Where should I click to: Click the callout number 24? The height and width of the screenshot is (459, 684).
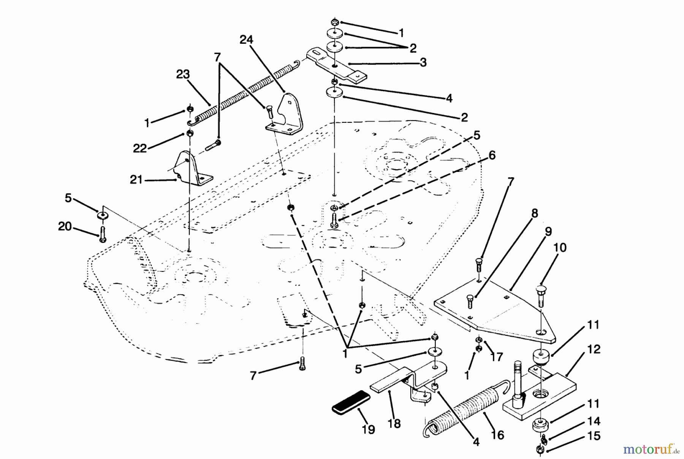tap(246, 40)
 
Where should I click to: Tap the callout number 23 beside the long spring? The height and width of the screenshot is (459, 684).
tap(183, 74)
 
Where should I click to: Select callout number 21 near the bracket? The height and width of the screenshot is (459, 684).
tap(136, 179)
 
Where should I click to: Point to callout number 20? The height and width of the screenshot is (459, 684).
tap(65, 227)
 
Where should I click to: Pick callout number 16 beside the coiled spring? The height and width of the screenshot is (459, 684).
tap(497, 435)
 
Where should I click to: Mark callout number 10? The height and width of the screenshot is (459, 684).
tap(560, 248)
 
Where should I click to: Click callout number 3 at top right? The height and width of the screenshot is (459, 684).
tap(423, 62)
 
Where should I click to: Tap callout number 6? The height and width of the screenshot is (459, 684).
tap(492, 155)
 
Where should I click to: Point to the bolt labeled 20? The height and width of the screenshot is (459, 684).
tap(103, 233)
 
